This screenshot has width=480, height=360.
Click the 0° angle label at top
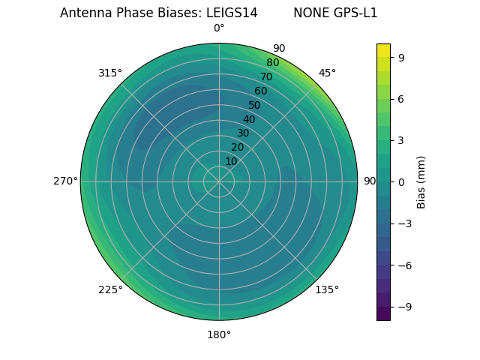click(x=219, y=28)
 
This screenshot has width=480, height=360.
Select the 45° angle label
click(x=327, y=73)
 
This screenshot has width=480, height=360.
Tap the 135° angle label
click(x=327, y=289)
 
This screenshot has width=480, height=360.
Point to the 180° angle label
click(x=219, y=334)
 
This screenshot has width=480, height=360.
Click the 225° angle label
click(x=110, y=289)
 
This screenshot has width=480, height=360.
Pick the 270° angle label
click(x=65, y=181)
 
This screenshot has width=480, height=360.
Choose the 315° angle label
click(x=110, y=73)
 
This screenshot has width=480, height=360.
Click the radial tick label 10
click(x=231, y=161)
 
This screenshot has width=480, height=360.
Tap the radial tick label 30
click(x=243, y=133)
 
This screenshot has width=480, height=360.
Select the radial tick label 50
click(x=255, y=105)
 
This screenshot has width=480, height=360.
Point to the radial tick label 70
click(x=267, y=76)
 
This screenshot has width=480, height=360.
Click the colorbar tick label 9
click(x=402, y=57)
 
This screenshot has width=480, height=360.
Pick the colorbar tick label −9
click(x=405, y=307)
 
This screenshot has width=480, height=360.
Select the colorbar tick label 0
click(x=402, y=181)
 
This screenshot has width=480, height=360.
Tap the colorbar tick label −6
click(x=405, y=265)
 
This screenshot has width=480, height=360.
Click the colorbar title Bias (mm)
click(x=421, y=181)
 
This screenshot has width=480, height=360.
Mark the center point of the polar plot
click(x=219, y=181)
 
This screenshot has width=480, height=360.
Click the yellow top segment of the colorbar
click(x=383, y=50)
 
